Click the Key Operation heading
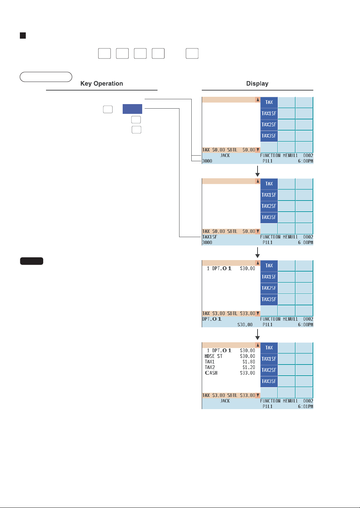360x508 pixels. coord(101,84)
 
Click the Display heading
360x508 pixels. coord(257,84)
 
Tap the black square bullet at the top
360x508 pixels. coord(23,36)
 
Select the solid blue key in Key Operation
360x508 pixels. coord(132,109)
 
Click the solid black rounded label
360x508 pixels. coord(32,261)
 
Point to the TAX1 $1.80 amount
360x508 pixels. coord(248,362)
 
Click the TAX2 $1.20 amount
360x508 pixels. coord(248,367)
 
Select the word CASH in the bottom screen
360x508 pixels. coord(211,373)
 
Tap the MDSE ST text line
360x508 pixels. coord(213,356)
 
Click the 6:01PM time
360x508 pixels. coord(306,406)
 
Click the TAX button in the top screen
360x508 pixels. coord(269,102)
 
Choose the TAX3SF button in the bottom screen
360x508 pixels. coord(269,381)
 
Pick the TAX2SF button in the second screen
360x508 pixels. coord(269,206)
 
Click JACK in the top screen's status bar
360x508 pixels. coord(225,155)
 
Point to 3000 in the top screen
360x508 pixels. coord(207,161)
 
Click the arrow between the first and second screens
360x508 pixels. coord(258,171)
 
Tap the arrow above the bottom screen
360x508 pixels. coord(258,335)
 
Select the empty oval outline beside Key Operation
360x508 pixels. coord(46,77)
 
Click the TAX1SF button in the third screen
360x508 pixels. coord(269,277)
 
